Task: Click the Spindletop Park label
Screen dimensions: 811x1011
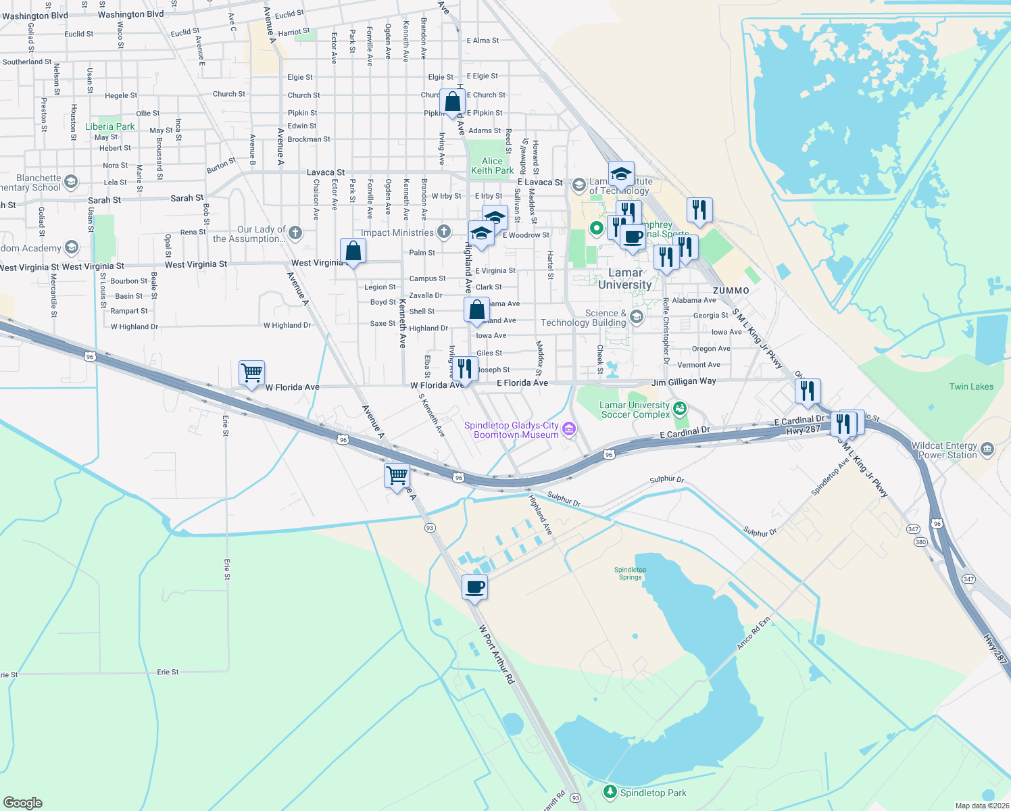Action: pos(653,793)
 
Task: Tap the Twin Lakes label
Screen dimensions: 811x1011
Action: pos(971,387)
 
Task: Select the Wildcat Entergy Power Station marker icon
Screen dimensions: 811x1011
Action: pos(987,449)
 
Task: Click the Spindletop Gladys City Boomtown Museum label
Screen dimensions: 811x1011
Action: pos(512,430)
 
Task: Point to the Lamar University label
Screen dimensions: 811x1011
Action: pos(625,278)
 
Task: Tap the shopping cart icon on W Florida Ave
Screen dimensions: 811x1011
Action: pos(251,372)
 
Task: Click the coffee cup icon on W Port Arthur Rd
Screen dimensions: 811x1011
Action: pos(474,587)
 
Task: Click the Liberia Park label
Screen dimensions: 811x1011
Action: pos(109,126)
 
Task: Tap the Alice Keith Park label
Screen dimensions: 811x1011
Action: pos(492,166)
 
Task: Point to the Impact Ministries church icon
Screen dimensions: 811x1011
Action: pos(444,232)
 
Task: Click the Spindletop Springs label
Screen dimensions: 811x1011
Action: pos(630,573)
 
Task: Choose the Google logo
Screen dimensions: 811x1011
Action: pos(23,802)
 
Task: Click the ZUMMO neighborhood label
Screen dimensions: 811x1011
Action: pos(731,291)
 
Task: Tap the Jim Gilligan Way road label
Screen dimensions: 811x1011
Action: pos(683,381)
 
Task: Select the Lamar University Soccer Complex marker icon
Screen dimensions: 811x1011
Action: pos(681,408)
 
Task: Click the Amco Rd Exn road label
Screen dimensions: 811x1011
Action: pos(753,633)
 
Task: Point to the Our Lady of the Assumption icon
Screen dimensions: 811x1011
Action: pos(295,233)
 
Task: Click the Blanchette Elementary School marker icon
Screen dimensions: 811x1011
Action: pos(71,182)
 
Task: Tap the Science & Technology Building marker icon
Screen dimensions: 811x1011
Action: pos(636,317)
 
